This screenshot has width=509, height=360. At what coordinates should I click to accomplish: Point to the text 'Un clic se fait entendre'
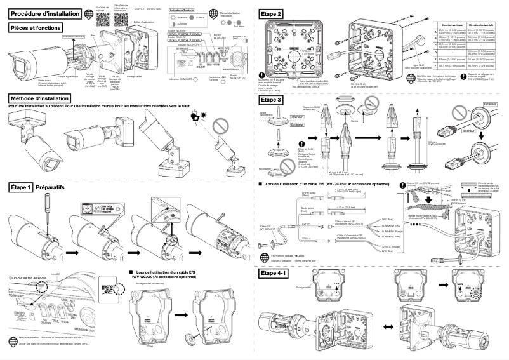point(32,278)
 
